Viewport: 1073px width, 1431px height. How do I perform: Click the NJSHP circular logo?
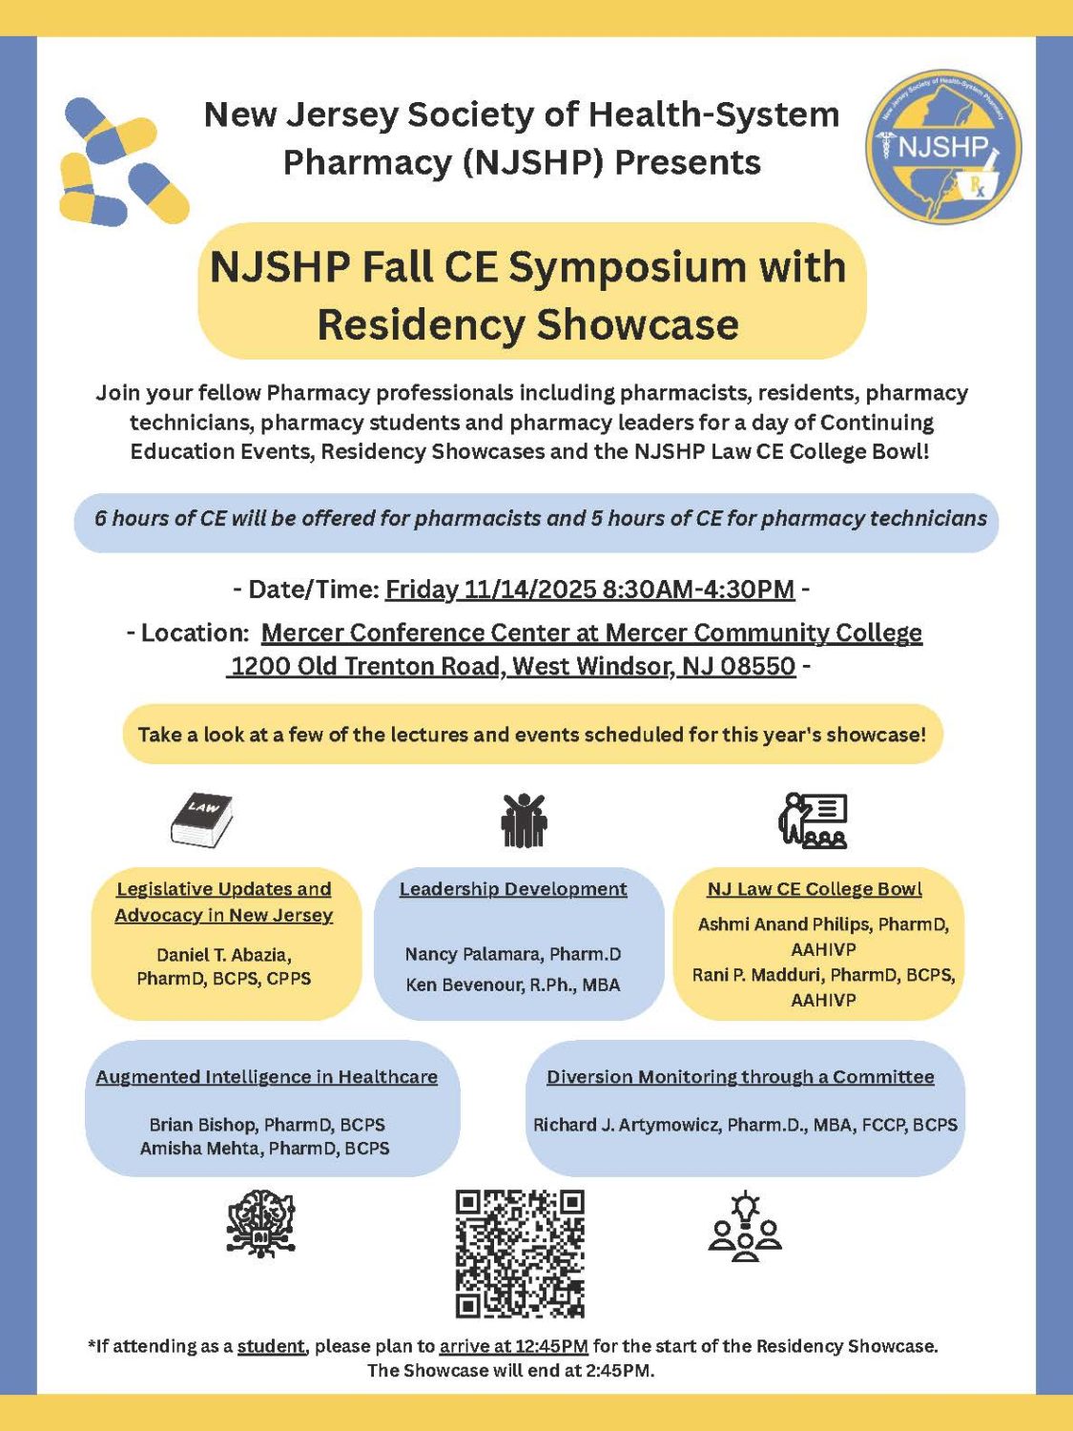coord(943,147)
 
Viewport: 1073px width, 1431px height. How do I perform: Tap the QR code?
coord(520,1253)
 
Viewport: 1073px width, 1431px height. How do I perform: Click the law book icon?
coord(202,819)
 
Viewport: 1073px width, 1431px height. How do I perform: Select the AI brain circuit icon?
coord(260,1223)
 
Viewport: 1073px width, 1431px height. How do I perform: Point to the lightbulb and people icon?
coord(745,1227)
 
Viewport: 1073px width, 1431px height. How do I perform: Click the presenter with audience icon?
coord(814,820)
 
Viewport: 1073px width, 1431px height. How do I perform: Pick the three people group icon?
coord(524,820)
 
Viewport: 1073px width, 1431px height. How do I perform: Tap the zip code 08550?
coord(758,666)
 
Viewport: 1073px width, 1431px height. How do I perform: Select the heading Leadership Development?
coord(513,889)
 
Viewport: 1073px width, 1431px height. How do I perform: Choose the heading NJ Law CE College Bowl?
coord(815,889)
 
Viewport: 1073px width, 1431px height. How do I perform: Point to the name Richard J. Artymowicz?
coord(625,1125)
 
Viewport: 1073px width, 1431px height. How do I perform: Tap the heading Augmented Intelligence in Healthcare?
coord(266,1077)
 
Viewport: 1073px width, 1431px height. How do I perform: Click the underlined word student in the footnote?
coord(271,1346)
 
